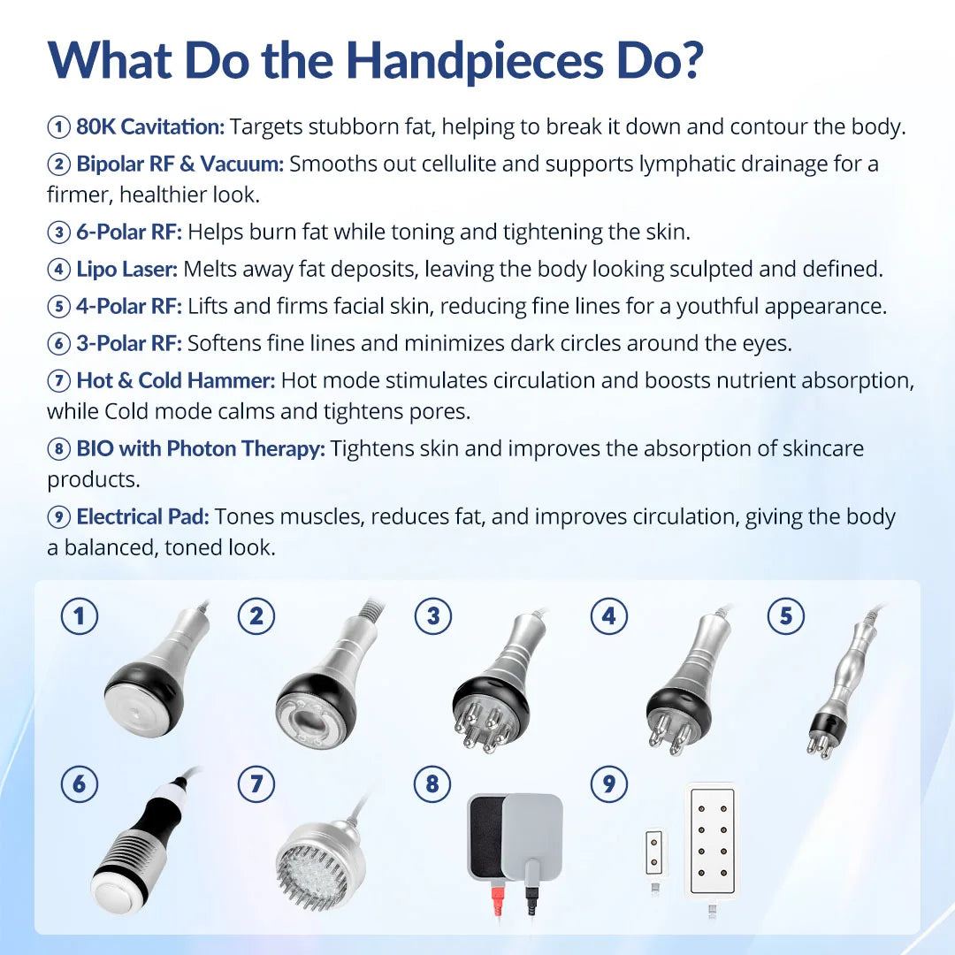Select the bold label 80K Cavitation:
click(150, 126)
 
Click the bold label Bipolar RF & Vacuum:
click(180, 164)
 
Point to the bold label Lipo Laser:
click(126, 269)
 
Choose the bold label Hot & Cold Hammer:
click(176, 380)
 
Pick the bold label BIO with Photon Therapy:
click(201, 449)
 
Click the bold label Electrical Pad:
click(142, 517)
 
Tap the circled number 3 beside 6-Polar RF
click(58, 233)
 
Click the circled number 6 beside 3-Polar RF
click(58, 344)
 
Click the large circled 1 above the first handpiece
click(80, 616)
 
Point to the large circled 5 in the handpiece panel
click(786, 616)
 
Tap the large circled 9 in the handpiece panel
click(609, 783)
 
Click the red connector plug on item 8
click(497, 901)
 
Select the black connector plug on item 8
click(531, 901)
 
